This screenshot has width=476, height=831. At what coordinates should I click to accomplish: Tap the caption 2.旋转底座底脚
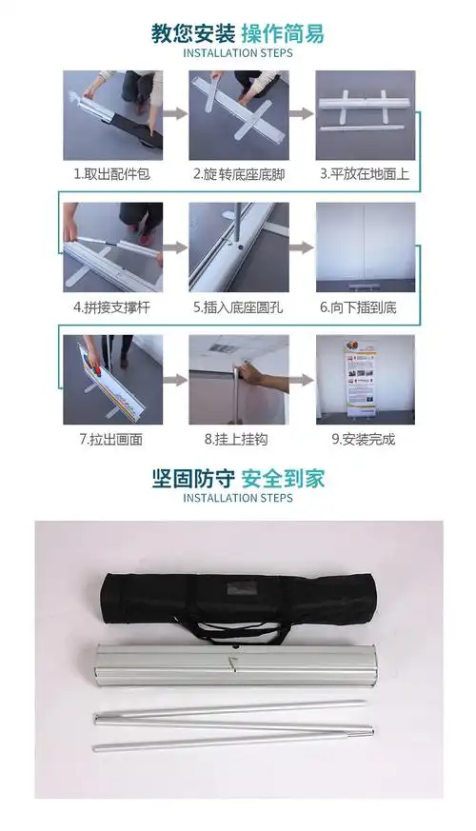coord(237,175)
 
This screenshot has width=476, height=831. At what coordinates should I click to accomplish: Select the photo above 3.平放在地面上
coord(366,115)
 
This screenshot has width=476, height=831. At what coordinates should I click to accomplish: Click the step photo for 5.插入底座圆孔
coord(237,247)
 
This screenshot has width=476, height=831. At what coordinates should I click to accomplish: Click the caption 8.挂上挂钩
coord(237,439)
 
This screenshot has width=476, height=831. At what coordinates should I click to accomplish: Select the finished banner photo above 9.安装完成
coord(366,379)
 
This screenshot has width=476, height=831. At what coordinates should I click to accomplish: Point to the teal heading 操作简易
coord(282,34)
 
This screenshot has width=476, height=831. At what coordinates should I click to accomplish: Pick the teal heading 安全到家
coord(282,478)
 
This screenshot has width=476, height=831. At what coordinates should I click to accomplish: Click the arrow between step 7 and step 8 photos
coord(174,379)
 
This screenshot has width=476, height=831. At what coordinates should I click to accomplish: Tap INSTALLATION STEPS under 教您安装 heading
coord(237,53)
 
